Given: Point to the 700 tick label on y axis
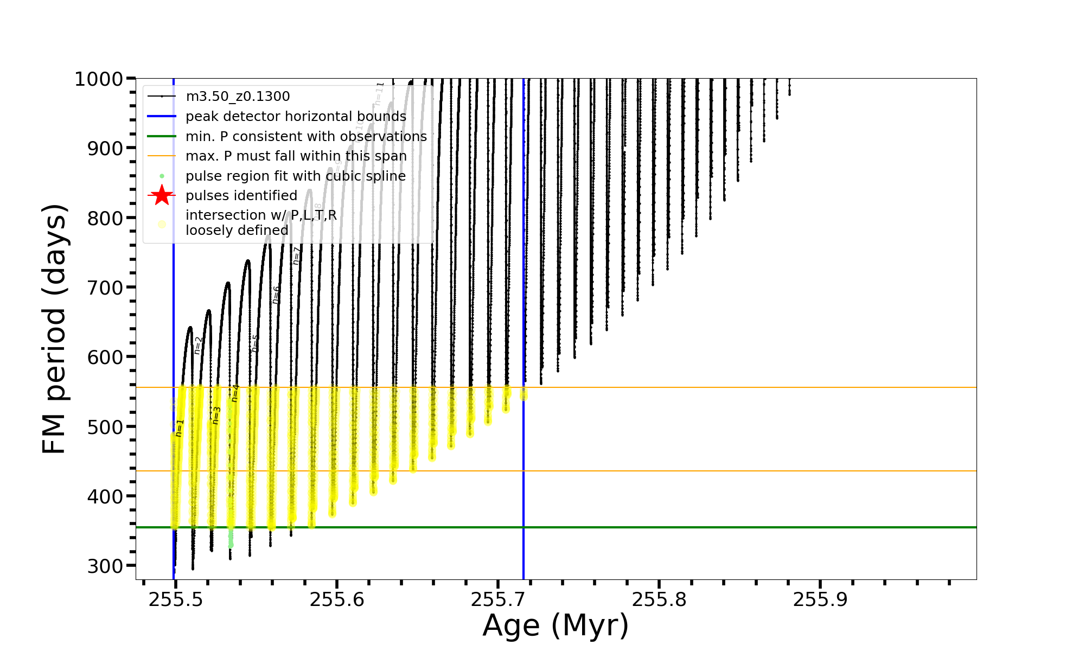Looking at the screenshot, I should click(106, 288).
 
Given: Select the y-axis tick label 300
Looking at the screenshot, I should click(106, 566).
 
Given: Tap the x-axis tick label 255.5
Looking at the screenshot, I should click(175, 600).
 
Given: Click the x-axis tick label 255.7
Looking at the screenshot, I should click(497, 600).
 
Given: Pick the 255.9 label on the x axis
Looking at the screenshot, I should click(820, 600).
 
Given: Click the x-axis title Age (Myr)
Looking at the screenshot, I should click(556, 626).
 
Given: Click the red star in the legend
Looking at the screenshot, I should click(162, 195).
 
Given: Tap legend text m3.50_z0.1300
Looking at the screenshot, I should click(238, 97).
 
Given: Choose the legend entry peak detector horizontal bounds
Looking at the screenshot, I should click(296, 117).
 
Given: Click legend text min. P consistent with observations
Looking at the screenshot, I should click(306, 136).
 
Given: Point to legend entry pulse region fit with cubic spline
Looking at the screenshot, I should click(296, 176).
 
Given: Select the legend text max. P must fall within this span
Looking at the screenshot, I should click(296, 156).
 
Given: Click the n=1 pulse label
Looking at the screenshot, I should click(180, 428).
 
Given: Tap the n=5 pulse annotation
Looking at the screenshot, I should click(254, 343).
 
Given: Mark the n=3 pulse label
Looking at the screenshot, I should click(216, 415).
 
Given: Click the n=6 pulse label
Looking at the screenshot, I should click(276, 295).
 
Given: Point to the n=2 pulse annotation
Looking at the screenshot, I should click(198, 346).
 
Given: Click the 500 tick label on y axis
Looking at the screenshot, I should click(106, 427).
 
